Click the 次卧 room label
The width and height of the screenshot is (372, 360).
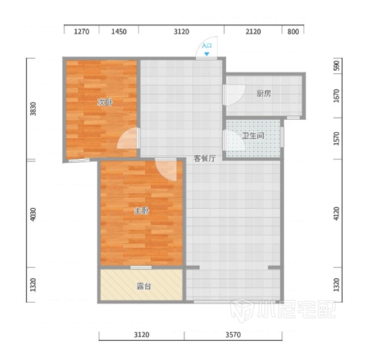(x=105, y=102)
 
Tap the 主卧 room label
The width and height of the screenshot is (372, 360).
(x=141, y=211)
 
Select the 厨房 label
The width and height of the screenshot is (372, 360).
(x=263, y=94)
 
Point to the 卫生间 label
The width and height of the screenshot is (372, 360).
(x=253, y=136)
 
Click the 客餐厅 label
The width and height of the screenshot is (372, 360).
(x=205, y=158)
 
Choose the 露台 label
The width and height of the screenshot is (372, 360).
(x=144, y=287)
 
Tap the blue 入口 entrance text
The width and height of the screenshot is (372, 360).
(x=207, y=45)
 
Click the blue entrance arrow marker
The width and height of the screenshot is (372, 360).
(x=207, y=54)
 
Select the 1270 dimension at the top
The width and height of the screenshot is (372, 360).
(x=81, y=31)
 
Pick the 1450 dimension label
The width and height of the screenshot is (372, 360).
(x=119, y=31)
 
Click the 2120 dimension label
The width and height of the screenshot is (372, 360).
(x=253, y=31)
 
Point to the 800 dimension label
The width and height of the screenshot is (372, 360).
(x=293, y=31)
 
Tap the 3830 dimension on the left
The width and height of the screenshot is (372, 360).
(x=33, y=109)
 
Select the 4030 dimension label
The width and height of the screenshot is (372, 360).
(x=33, y=214)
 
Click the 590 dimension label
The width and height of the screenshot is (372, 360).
(x=337, y=66)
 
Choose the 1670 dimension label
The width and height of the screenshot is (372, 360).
(x=337, y=96)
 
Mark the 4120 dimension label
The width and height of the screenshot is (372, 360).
(x=337, y=213)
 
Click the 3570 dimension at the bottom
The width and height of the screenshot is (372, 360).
(x=233, y=334)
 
